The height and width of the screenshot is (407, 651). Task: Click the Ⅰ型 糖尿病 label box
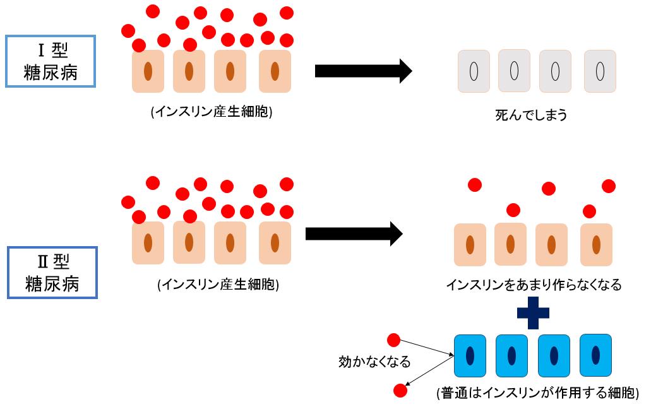(51, 61)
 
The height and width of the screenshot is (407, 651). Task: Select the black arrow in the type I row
(363, 71)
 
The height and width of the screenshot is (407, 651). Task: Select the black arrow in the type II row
(354, 234)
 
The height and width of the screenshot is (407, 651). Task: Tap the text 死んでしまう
(532, 115)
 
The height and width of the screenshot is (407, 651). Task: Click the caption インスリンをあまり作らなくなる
(534, 285)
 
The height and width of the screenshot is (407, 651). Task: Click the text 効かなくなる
(375, 362)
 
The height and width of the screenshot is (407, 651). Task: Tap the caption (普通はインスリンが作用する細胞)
(537, 392)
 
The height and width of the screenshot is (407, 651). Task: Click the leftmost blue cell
(470, 355)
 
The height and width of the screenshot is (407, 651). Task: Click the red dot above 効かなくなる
(393, 341)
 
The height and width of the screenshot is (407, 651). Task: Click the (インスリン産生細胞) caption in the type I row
(212, 113)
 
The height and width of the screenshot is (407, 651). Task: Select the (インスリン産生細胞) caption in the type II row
(218, 285)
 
